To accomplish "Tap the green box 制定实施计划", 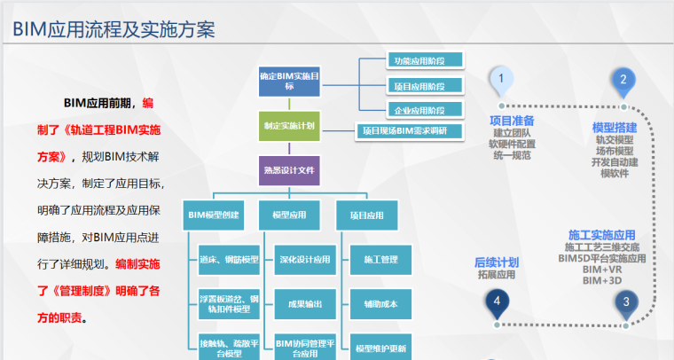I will point(288,126).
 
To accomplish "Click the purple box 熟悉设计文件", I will point(288,169).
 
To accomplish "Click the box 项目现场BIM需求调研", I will point(411,131).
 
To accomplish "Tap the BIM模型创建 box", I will point(214,215).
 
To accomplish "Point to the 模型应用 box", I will point(288,215).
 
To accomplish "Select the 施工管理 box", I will point(380,259).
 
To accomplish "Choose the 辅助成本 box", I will point(380,303).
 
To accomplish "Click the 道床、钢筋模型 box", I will point(228,259).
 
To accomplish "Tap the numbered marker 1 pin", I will point(501,81).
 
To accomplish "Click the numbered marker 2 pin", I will point(623,81).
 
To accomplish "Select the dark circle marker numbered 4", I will point(497,302).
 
